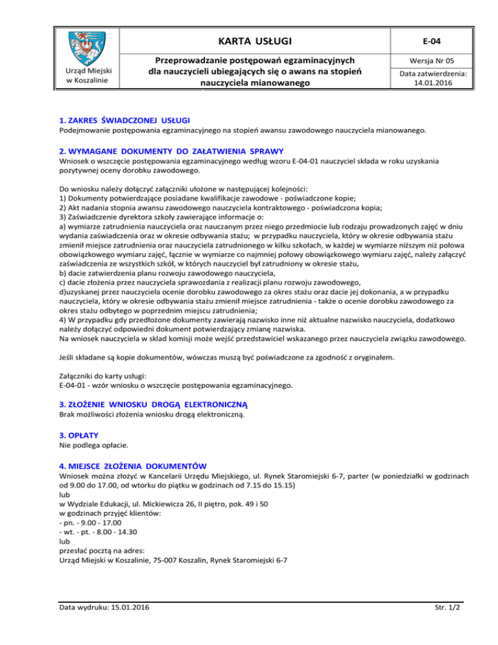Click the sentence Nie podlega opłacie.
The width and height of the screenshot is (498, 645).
(x=91, y=446)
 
